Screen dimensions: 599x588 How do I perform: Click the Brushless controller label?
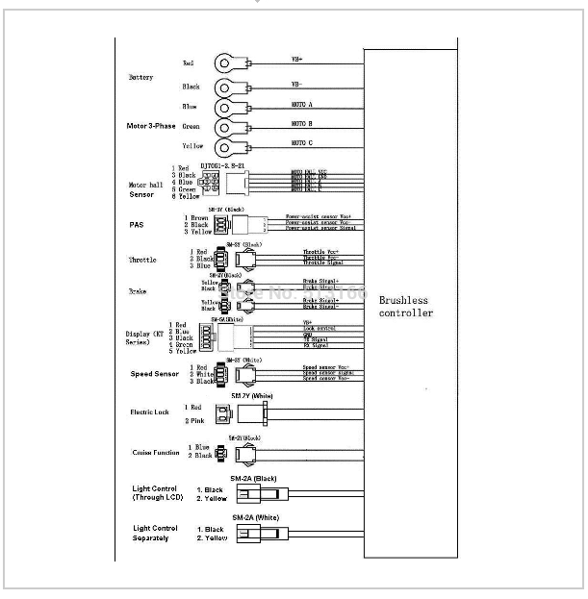click(x=405, y=306)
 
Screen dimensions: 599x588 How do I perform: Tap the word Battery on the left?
click(x=141, y=77)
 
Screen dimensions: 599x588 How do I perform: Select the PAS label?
click(x=136, y=226)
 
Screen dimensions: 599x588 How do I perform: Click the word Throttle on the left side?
click(x=141, y=260)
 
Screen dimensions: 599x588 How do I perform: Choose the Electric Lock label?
click(x=149, y=412)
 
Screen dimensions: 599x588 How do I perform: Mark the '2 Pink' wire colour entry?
click(x=194, y=421)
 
